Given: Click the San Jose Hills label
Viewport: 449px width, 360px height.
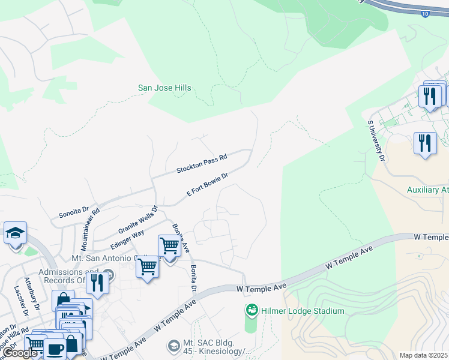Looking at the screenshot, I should click(164, 88).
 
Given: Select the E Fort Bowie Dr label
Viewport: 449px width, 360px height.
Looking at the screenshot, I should click(208, 185).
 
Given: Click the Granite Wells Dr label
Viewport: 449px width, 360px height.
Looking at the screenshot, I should click(137, 221).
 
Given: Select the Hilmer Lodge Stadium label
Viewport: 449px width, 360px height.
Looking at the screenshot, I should click(303, 311).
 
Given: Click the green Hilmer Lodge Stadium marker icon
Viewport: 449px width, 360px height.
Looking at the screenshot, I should click(252, 310).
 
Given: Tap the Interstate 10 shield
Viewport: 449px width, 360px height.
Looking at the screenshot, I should click(425, 13).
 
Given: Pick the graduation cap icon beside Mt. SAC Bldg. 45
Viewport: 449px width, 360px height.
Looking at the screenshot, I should click(173, 346).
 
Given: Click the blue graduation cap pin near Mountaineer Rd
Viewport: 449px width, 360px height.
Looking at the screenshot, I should click(15, 232).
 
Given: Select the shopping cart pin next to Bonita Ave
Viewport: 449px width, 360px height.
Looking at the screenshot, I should click(170, 245).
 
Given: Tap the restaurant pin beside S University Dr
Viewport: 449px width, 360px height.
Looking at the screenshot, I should click(425, 143).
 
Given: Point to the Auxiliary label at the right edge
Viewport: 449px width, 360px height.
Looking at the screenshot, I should click(427, 190).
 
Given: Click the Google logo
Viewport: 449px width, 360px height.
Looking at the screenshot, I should click(21, 353).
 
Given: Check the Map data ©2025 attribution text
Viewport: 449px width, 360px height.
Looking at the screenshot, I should click(424, 355).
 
